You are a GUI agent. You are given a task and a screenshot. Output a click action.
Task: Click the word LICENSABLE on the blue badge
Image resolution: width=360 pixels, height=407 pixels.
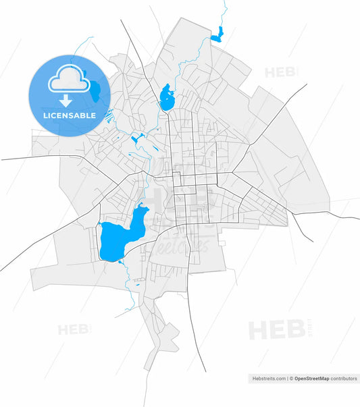(x=69, y=115)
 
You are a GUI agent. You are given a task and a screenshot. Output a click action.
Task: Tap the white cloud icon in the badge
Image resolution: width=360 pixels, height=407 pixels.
(x=68, y=80)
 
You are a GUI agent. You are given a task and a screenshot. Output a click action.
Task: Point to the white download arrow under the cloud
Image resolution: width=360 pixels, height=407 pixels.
(x=66, y=101)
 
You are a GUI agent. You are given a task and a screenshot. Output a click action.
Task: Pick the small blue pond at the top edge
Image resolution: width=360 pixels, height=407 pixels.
(x=216, y=34)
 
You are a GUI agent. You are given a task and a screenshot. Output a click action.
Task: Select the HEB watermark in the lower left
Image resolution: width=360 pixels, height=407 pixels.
(x=74, y=330)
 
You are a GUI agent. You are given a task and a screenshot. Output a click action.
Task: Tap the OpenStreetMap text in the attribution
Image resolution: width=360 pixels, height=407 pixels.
(x=311, y=379)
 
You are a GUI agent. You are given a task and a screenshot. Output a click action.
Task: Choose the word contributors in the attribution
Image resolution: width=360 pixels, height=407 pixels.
(x=343, y=379)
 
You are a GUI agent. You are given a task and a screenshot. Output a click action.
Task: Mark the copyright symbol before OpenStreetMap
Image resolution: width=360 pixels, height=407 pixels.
(x=291, y=379)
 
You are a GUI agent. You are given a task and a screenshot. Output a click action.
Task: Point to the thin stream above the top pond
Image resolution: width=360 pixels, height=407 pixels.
(x=224, y=13)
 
